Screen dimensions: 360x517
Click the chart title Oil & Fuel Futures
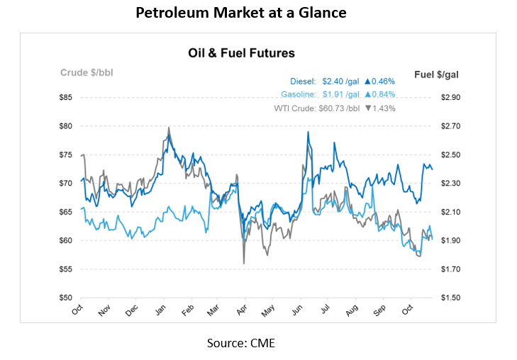[241, 53]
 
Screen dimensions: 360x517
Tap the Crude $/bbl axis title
[86, 72]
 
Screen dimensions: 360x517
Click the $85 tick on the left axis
[65, 97]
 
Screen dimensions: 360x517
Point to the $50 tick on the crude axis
[65, 298]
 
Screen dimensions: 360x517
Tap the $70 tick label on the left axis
[65, 183]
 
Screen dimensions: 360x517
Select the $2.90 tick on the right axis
[450, 97]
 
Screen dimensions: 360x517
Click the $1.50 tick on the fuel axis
[450, 298]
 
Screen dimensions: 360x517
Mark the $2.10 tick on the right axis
[450, 212]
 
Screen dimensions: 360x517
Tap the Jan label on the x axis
[160, 310]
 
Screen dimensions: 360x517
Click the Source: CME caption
[240, 344]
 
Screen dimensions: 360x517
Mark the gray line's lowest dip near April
[244, 263]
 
